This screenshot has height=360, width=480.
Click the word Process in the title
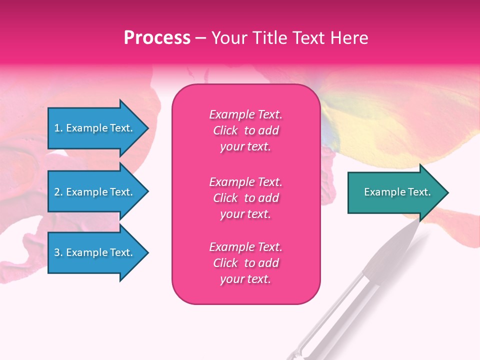tap(157, 38)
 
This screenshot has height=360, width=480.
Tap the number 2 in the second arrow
tap(57, 192)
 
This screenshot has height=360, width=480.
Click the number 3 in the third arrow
tap(57, 252)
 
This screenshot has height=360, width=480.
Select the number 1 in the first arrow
tap(57, 128)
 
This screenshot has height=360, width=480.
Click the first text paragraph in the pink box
tap(245, 130)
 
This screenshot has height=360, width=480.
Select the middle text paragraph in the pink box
tap(245, 198)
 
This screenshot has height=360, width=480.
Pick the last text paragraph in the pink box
tap(245, 263)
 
